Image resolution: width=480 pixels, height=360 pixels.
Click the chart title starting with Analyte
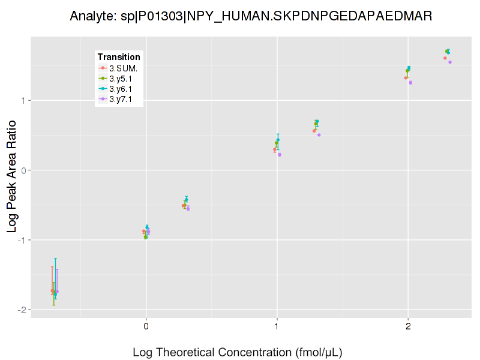pyautogui.click(x=251, y=16)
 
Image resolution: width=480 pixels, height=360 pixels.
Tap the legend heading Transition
pyautogui.click(x=119, y=57)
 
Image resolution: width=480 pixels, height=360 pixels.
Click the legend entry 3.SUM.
pyautogui.click(x=123, y=68)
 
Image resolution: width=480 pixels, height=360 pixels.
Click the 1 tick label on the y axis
pyautogui.click(x=23, y=100)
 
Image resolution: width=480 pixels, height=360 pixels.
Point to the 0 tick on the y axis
pyautogui.click(x=23, y=170)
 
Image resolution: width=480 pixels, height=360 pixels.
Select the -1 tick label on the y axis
pyautogui.click(x=22, y=240)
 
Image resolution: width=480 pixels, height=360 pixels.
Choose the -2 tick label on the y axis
pyautogui.click(x=22, y=310)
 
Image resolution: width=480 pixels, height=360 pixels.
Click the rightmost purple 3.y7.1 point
pyautogui.click(x=450, y=62)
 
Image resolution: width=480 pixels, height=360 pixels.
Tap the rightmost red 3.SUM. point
pyautogui.click(x=445, y=58)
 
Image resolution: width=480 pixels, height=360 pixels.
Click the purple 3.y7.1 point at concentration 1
pyautogui.click(x=280, y=155)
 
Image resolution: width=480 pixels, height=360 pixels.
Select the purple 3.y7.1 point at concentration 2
pyautogui.click(x=410, y=82)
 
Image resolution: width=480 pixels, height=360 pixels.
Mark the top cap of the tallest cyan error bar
pyautogui.click(x=55, y=259)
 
